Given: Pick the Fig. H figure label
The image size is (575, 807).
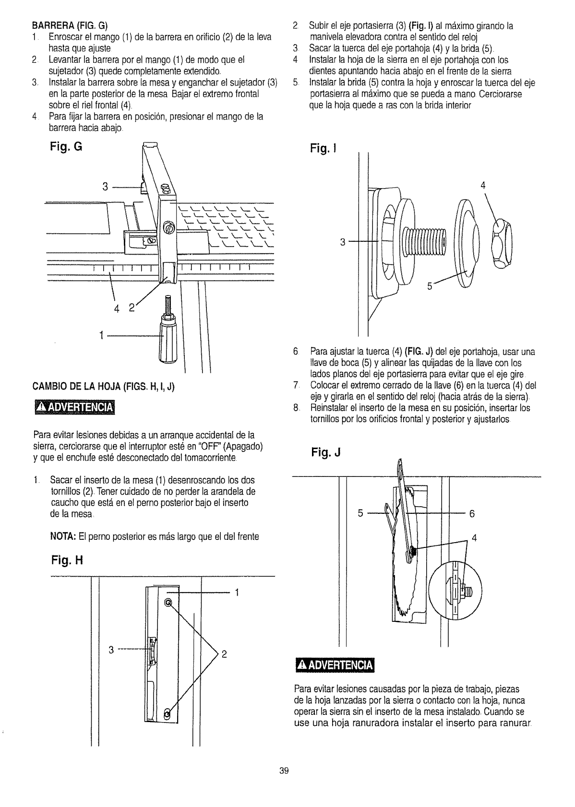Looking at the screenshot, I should [x=67, y=560].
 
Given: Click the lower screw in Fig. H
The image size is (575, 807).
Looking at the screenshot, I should [x=168, y=714].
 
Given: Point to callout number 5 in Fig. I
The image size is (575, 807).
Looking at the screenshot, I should [x=430, y=287].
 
